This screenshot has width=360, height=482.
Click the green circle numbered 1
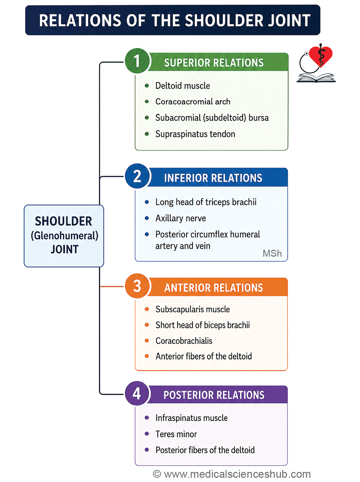(x=137, y=61)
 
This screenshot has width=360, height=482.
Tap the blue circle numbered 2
(x=137, y=176)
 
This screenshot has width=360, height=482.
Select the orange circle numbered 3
(x=137, y=286)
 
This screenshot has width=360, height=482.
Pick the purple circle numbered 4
(x=137, y=393)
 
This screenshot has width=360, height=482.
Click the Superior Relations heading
(x=214, y=63)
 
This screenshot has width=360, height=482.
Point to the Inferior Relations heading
(x=213, y=178)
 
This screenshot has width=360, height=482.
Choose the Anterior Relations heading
(x=214, y=288)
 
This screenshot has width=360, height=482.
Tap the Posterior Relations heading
(x=214, y=395)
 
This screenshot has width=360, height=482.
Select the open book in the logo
(x=316, y=78)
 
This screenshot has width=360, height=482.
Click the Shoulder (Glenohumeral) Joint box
(x=64, y=236)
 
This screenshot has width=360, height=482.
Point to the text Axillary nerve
(x=181, y=219)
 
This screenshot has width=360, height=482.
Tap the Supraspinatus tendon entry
(x=195, y=134)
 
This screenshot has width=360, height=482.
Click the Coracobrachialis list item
(x=184, y=341)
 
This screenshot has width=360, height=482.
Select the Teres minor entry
(x=176, y=434)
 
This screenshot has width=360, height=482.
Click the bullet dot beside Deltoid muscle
(x=147, y=86)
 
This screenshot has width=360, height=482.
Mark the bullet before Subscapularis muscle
(x=147, y=309)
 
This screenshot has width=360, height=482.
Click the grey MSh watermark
(x=272, y=254)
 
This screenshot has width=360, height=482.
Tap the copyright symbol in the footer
(x=157, y=474)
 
